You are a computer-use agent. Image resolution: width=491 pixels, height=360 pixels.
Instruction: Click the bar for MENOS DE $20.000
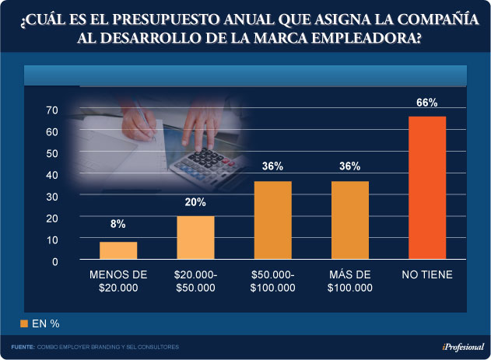coord(118,251)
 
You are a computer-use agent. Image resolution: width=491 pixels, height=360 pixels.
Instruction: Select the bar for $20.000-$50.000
coord(195,238)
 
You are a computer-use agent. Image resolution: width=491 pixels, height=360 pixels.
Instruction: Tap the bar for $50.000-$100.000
coord(272,221)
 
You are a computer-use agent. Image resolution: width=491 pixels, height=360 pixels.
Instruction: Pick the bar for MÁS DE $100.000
coord(349,221)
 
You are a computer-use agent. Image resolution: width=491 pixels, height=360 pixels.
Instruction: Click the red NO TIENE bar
coord(427,188)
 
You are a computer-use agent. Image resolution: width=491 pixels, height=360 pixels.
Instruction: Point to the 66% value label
coord(427,102)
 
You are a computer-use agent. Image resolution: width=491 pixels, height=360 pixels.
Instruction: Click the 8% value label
coord(118,225)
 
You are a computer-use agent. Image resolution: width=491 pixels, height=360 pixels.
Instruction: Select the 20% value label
coord(195,202)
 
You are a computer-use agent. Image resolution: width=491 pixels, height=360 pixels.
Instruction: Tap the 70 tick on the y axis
coord(52,110)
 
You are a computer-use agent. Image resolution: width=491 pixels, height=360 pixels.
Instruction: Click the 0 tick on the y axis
coord(55,262)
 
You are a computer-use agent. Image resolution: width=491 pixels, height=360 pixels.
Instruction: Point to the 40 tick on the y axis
coord(52,175)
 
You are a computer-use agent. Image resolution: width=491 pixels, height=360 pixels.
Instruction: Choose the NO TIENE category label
coord(427,274)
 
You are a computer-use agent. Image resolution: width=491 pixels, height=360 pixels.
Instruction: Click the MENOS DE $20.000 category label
coord(118,281)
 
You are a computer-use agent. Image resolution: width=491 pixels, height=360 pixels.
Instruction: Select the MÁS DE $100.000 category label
coord(349,281)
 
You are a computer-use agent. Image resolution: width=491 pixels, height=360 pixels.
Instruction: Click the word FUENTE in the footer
coord(23,346)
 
